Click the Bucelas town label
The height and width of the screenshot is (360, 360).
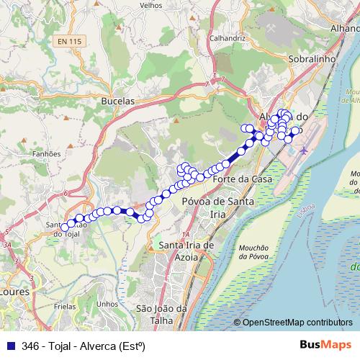coord(119,102)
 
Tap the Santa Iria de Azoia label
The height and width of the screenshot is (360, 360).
coord(186,251)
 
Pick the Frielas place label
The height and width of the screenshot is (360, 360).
coord(65,306)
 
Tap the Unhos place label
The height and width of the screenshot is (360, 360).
coord(106,303)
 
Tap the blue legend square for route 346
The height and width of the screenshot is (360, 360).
coord(9,346)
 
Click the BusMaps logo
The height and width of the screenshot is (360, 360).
coord(325,345)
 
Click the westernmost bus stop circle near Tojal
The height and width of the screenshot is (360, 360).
coord(65,228)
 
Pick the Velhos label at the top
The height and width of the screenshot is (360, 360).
coord(150,4)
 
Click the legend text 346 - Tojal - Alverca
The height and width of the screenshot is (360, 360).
coord(84,346)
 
